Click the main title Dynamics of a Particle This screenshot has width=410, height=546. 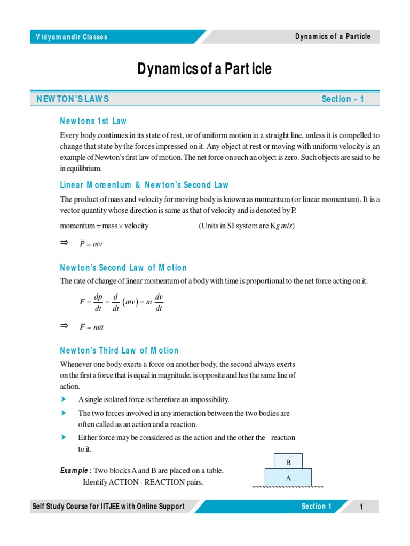click(204, 69)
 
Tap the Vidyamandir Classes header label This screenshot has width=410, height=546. click(72, 37)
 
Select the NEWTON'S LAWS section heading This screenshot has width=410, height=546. click(73, 99)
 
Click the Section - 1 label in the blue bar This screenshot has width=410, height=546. click(343, 99)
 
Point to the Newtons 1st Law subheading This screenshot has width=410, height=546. click(93, 121)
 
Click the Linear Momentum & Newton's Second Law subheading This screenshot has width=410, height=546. click(144, 185)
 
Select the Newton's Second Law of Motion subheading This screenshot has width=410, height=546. click(123, 268)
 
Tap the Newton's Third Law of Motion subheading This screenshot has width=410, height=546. click(119, 350)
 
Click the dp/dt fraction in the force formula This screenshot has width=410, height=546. click(98, 302)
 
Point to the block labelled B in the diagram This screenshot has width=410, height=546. click(288, 462)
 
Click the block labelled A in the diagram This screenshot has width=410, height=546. click(288, 478)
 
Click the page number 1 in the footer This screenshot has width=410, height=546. click(361, 507)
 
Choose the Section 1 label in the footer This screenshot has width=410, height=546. click(316, 507)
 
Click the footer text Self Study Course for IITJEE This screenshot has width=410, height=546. click(108, 507)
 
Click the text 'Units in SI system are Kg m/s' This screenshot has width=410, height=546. click(247, 226)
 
